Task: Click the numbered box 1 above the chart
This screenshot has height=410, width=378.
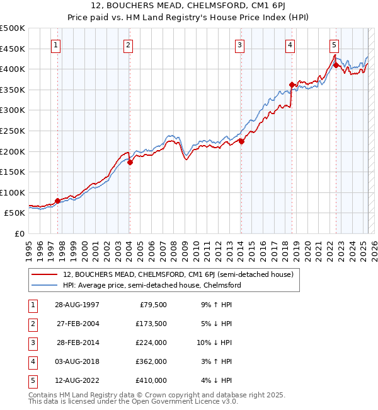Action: coord(57,45)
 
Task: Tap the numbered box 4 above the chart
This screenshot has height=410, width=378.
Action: coord(290,45)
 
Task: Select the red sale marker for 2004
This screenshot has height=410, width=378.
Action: coord(130,162)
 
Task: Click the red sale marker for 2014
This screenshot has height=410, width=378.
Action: coord(241,141)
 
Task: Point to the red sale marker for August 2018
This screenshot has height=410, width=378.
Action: coord(292,85)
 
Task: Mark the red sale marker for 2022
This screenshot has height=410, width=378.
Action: coord(336,64)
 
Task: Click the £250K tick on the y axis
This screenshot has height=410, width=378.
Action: coord(14,131)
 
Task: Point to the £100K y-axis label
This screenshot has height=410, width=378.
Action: coord(14,192)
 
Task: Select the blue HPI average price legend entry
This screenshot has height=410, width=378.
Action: coord(151,285)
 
